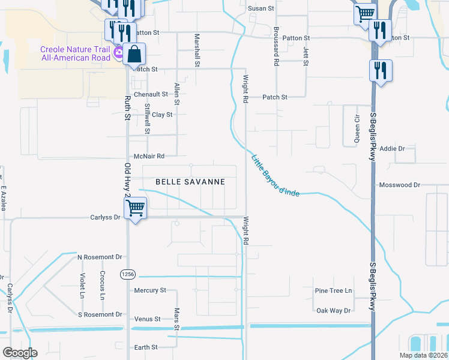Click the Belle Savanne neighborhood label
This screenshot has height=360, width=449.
click(x=190, y=181)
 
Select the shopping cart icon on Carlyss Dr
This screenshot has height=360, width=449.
click(x=136, y=209)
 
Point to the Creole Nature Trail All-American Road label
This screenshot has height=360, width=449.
click(x=75, y=53)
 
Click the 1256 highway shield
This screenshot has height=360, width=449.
click(x=128, y=274)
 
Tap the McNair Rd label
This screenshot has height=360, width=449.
click(x=149, y=156)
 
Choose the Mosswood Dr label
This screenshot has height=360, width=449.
click(x=399, y=185)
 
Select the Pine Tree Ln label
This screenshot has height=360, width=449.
click(x=333, y=291)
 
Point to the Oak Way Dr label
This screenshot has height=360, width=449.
click(x=333, y=311)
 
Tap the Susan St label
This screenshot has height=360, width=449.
click(x=261, y=9)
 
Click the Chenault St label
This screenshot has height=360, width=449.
click(x=150, y=94)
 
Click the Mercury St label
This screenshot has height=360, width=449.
click(x=149, y=290)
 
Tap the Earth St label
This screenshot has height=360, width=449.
click(x=146, y=347)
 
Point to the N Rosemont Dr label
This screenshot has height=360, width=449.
click(x=100, y=257)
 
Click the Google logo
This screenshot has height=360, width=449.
click(x=20, y=353)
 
